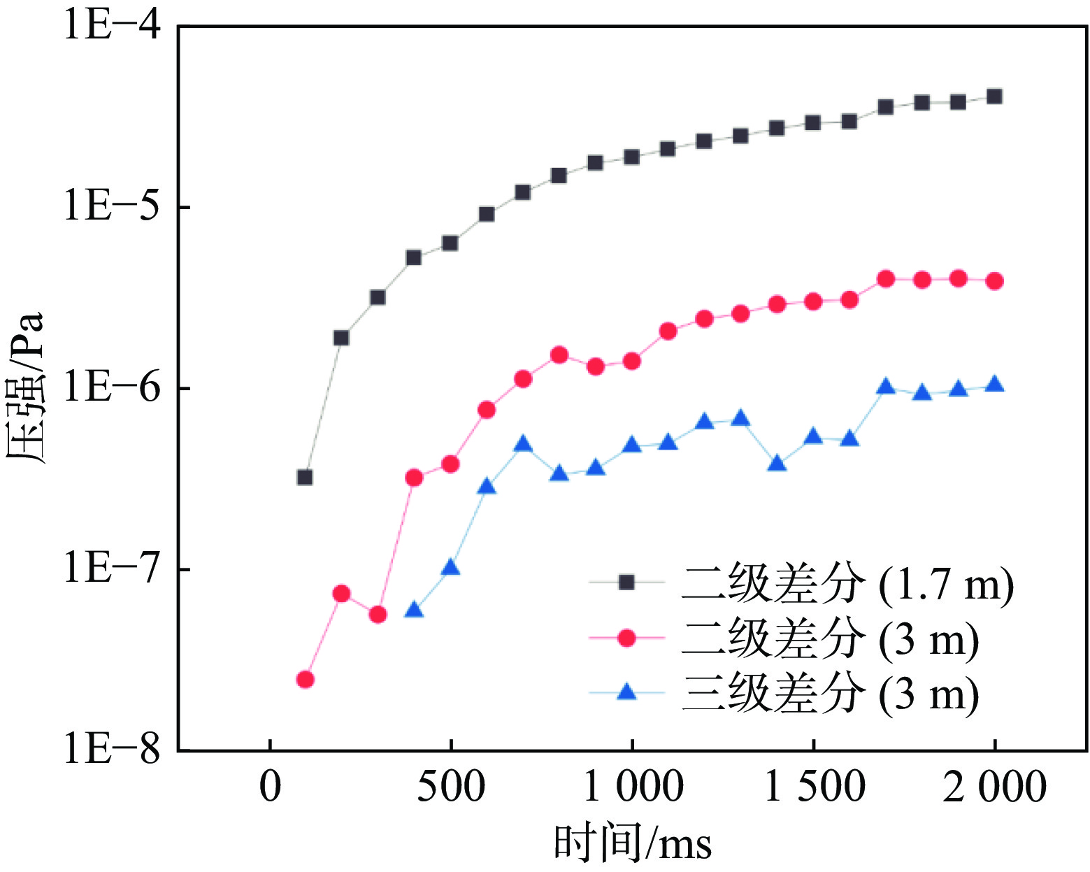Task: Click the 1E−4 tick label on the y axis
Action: click(x=112, y=25)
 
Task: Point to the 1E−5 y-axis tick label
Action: click(x=112, y=207)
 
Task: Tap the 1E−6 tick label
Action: click(x=112, y=387)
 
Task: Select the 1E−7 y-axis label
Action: click(x=112, y=569)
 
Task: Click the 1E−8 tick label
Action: click(x=112, y=750)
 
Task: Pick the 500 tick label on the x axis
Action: click(x=451, y=787)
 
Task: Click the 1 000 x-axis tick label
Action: click(x=632, y=787)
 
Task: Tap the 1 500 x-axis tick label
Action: click(x=813, y=787)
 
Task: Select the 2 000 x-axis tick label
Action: click(x=994, y=787)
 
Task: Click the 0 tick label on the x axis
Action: click(x=270, y=787)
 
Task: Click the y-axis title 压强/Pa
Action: click(x=26, y=388)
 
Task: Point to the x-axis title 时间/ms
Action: click(x=632, y=842)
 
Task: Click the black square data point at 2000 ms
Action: click(x=994, y=97)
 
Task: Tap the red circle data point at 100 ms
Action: click(x=305, y=679)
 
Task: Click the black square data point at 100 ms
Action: click(x=305, y=478)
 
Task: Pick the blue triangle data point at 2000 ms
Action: click(x=994, y=385)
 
